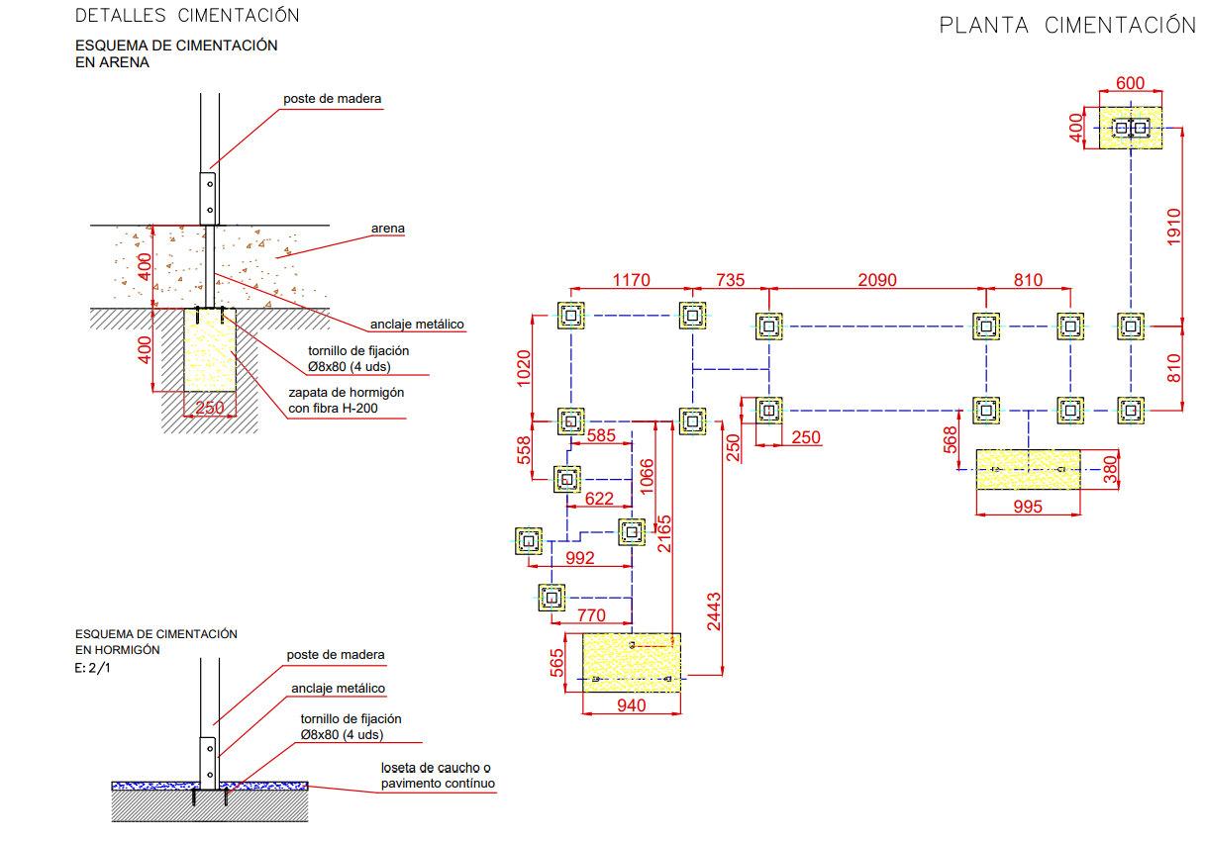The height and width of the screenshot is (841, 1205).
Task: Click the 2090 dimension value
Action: [x=877, y=280]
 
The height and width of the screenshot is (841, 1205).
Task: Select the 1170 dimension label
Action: [x=632, y=280]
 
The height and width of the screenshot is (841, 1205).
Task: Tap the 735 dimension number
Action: [x=730, y=280]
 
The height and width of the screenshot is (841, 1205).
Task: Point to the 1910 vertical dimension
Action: [x=1173, y=227]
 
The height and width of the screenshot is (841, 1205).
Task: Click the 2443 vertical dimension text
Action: [x=713, y=611]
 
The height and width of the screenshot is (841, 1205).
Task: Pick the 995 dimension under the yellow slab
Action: [x=1028, y=507]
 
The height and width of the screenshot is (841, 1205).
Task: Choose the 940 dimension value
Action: [x=632, y=705]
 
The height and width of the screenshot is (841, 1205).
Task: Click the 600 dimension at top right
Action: [x=1130, y=83]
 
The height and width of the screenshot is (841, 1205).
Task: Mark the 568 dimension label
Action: [x=952, y=439]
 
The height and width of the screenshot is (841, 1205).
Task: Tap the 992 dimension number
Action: [x=580, y=558]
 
